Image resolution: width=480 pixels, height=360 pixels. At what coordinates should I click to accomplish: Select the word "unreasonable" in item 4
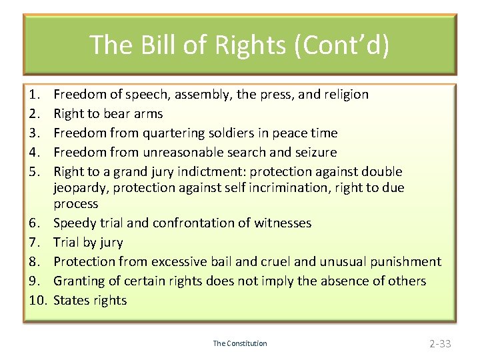pos(183,152)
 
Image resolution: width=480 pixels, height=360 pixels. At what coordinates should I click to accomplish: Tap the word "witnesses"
pos(283,223)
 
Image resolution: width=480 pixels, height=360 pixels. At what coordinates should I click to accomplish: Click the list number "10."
pos(37,300)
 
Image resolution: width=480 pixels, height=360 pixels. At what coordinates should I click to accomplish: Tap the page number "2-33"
pos(440,344)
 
